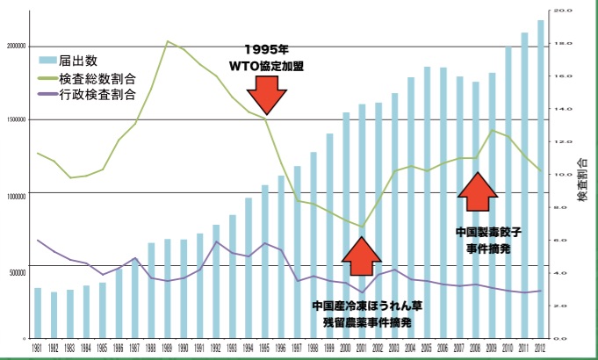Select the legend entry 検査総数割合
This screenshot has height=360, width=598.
(x=90, y=78)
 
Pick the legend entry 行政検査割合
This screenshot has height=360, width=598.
(x=90, y=95)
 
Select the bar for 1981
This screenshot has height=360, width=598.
(x=38, y=313)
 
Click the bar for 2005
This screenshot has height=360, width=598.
(x=427, y=202)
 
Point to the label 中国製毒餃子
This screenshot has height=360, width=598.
(x=489, y=234)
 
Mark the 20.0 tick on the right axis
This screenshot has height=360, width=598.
(x=560, y=11)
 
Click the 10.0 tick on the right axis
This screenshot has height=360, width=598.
(x=560, y=174)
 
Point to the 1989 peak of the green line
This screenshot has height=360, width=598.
(x=167, y=41)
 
